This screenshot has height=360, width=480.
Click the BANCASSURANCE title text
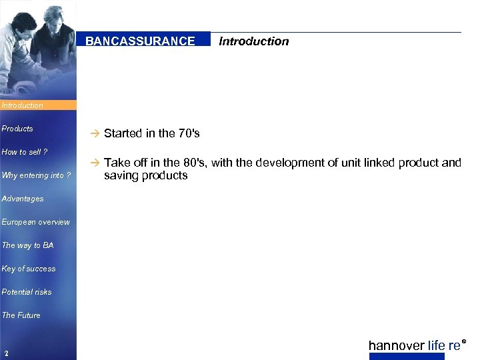click(x=140, y=41)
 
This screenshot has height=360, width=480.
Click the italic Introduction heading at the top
click(x=253, y=41)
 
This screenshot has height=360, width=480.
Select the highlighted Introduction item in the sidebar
click(x=22, y=105)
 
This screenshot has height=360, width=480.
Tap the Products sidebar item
click(x=17, y=129)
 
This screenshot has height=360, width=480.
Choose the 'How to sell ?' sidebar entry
click(x=25, y=152)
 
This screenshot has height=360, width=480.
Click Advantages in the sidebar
click(x=23, y=199)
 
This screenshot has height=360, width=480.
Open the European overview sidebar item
click(x=35, y=222)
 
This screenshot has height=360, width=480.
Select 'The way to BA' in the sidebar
click(x=27, y=245)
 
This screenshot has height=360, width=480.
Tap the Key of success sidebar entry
click(x=29, y=269)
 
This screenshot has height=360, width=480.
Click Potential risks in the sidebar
click(x=27, y=292)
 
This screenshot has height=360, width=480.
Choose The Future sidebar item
click(x=21, y=315)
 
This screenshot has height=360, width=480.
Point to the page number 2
click(x=5, y=353)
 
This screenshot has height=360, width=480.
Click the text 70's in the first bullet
click(x=189, y=133)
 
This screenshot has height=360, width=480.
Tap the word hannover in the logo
click(x=396, y=345)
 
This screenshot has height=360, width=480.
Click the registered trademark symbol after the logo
click(x=464, y=341)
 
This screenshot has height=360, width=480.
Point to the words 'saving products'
click(x=145, y=176)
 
